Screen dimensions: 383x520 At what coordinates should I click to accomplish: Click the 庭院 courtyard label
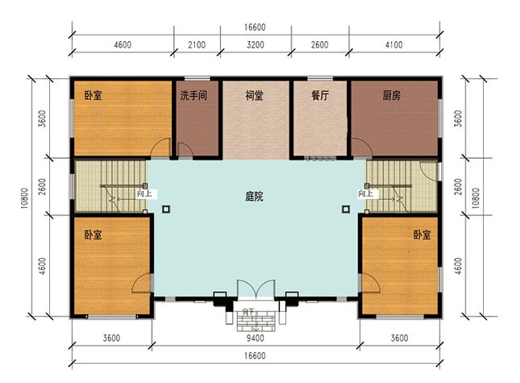tap(254, 196)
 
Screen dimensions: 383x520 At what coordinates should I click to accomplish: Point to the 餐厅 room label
tap(319, 95)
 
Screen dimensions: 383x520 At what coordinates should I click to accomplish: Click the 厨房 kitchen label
tap(392, 95)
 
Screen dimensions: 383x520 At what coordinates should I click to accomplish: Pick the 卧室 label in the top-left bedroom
tap(93, 95)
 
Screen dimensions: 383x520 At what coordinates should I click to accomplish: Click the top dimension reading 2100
tap(197, 45)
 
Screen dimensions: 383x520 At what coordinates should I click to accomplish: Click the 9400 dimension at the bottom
tap(254, 338)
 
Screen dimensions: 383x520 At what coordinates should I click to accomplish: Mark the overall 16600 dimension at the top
tap(256, 27)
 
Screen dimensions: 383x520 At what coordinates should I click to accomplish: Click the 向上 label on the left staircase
tap(143, 194)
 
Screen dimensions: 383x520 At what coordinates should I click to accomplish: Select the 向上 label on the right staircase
tap(365, 194)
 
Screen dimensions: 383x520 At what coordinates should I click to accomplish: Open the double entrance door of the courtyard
tap(255, 292)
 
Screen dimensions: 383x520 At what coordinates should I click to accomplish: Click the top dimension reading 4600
tap(123, 45)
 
